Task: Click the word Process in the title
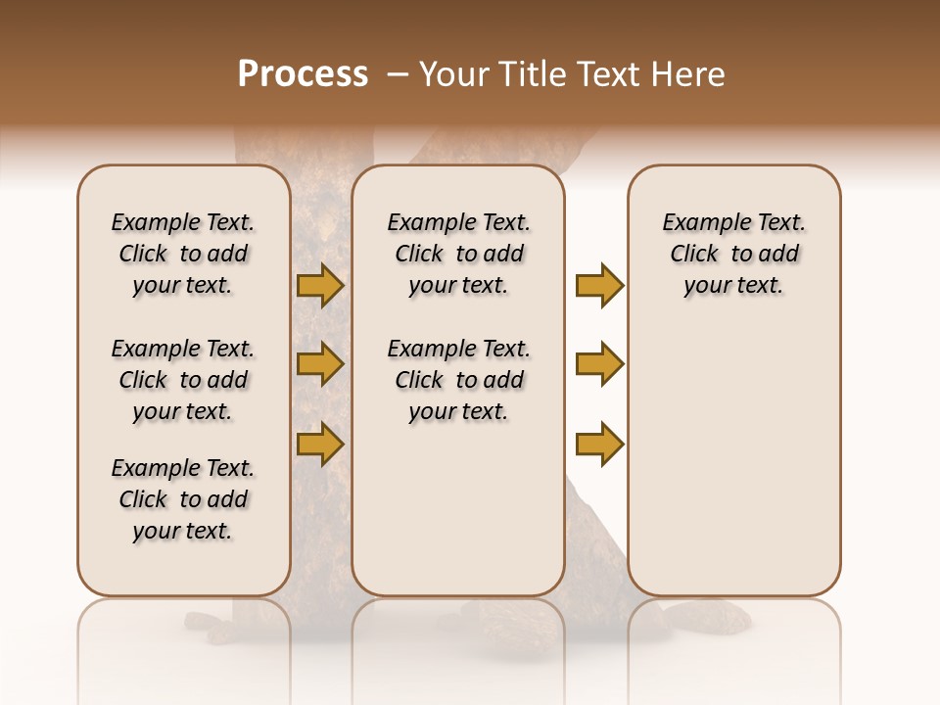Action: pos(303,74)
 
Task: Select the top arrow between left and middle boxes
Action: pos(320,286)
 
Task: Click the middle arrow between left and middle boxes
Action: pos(320,364)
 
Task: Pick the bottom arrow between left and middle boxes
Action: pos(320,444)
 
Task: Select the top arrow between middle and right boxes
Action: pos(599,286)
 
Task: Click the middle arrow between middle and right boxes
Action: pos(599,364)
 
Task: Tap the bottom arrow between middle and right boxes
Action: pos(599,444)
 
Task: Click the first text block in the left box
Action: pos(183,254)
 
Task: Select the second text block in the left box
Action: pos(183,380)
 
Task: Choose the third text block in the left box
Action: pos(183,499)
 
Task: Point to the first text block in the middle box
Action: pos(458,254)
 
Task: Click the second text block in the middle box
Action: pos(458,380)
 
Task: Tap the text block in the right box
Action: pos(733,254)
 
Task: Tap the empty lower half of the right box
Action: pos(733,470)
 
